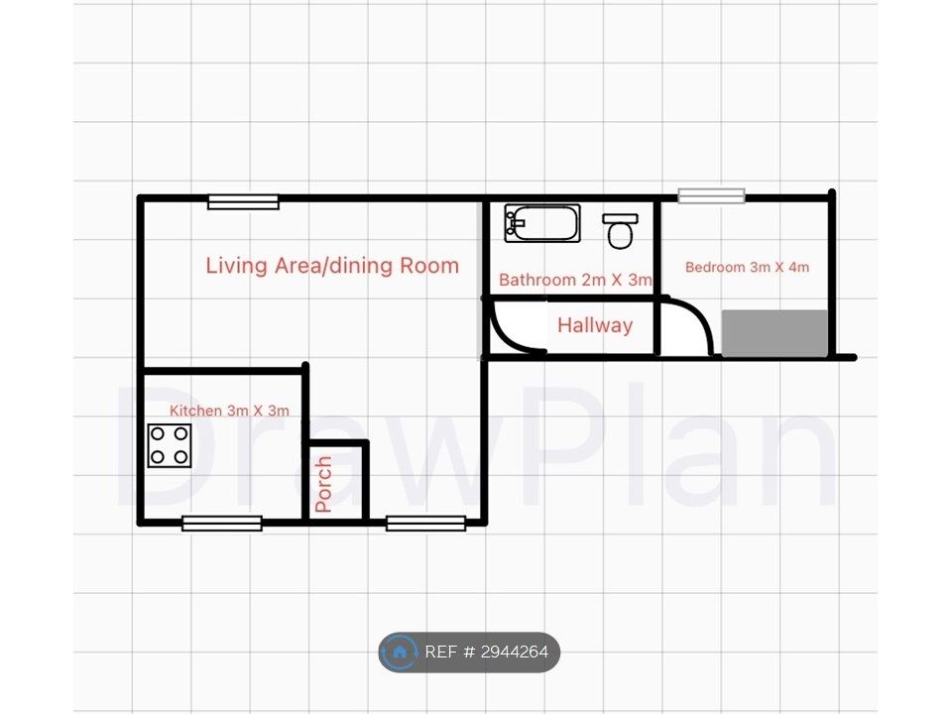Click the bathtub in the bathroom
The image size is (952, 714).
542,223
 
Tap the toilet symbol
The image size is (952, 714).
620,231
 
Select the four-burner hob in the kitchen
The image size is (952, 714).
170,445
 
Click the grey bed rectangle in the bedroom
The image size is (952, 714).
774,333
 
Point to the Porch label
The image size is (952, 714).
323,484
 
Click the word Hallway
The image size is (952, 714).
595,325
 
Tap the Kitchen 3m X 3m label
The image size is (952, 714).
229,411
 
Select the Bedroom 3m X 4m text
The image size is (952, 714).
747,267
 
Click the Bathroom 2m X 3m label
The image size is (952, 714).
575,280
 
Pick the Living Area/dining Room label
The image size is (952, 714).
332,266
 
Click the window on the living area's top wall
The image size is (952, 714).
244,201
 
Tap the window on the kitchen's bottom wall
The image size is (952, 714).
222,523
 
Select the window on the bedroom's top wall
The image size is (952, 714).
712,195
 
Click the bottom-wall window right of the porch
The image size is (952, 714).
426,523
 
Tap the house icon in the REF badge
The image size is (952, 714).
399,653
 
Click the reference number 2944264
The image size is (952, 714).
515,653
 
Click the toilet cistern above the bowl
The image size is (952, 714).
620,218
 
